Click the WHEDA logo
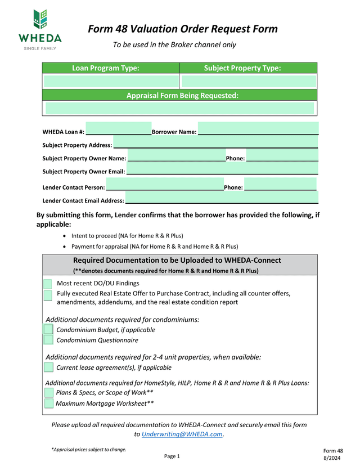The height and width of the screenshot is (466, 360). tap(39, 30)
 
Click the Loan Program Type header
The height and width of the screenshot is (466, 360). tap(106, 68)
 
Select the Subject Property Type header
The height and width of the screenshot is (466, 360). tap(242, 68)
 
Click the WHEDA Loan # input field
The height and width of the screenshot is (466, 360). tap(118, 129)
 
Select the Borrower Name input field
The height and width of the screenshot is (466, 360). tap(258, 129)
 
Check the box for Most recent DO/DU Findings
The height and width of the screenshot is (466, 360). tap(48, 284)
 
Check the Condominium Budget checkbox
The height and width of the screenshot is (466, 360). tap(48, 330)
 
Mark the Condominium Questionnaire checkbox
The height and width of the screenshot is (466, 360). tap(48, 340)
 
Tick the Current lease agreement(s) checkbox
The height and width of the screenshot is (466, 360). tap(48, 368)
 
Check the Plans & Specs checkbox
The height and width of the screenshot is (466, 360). tap(48, 393)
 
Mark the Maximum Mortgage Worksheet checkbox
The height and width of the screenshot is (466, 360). tap(48, 404)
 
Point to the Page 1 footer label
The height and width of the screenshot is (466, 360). tap(172, 456)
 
